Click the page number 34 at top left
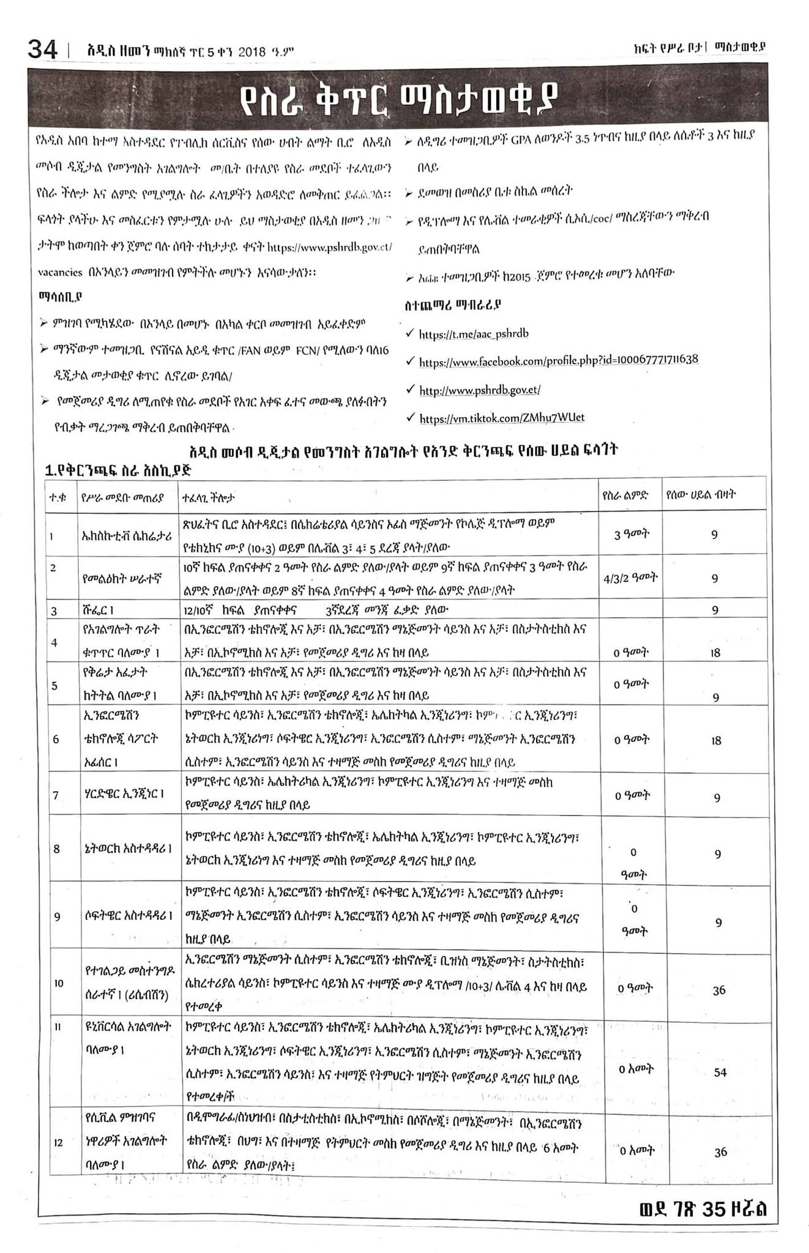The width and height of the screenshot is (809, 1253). pyautogui.click(x=43, y=48)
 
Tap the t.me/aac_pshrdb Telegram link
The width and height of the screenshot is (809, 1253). pyautogui.click(x=473, y=334)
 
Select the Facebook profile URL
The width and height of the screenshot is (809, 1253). pyautogui.click(x=558, y=361)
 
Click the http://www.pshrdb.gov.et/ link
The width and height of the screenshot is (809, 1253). pyautogui.click(x=479, y=390)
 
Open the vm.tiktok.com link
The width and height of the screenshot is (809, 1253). pyautogui.click(x=502, y=418)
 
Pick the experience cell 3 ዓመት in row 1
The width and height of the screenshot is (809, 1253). pyautogui.click(x=632, y=534)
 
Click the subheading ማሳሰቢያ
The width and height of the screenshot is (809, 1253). pyautogui.click(x=60, y=297)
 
